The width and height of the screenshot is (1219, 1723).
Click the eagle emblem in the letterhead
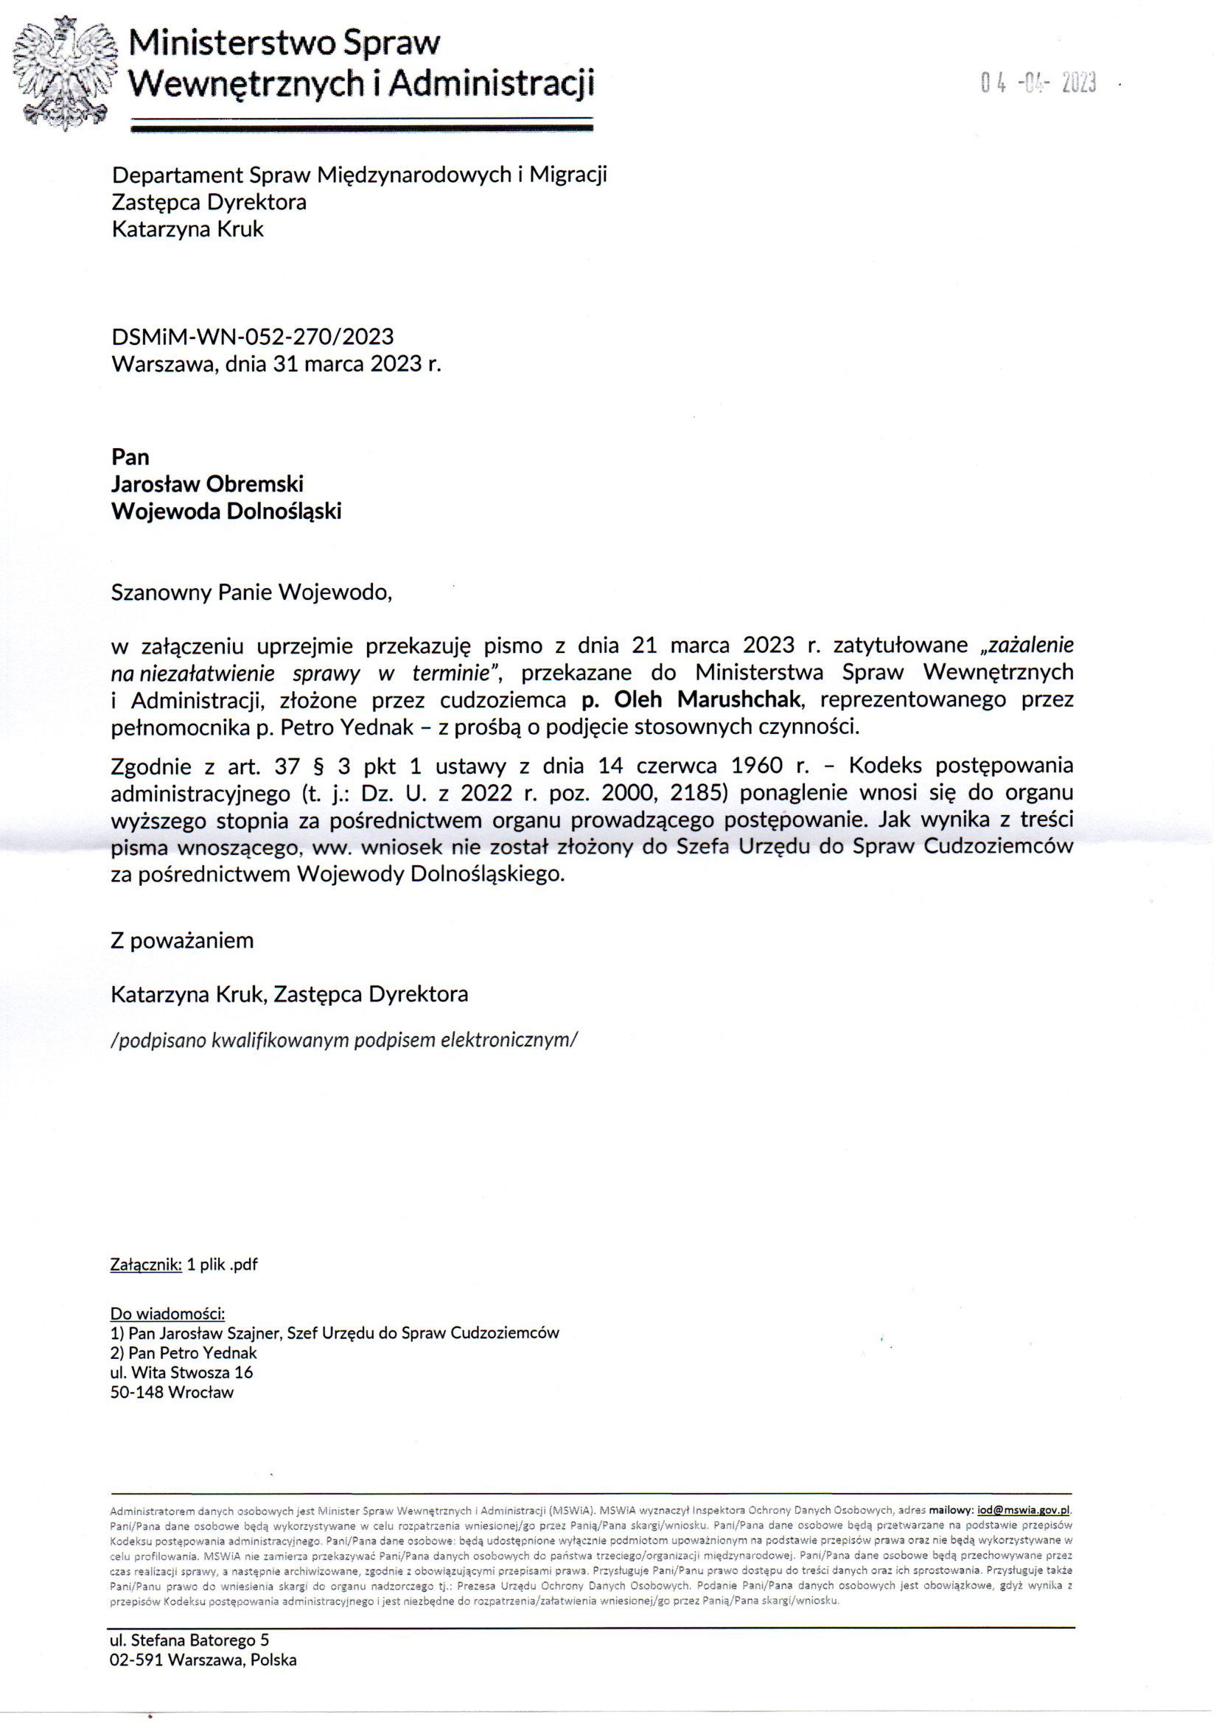point(66,73)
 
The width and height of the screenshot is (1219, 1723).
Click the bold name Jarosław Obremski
point(207,484)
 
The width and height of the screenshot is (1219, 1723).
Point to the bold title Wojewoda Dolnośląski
point(226,511)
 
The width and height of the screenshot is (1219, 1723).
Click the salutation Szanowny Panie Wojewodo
point(251,593)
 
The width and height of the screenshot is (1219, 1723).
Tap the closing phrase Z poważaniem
point(181,940)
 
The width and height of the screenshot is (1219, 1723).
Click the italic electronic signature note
point(344,1040)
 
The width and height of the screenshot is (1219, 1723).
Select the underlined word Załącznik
point(146,1265)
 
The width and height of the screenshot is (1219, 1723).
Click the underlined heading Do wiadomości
point(167,1313)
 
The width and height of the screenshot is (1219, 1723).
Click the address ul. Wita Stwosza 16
point(181,1372)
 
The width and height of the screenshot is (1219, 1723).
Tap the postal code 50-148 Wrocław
point(172,1393)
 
